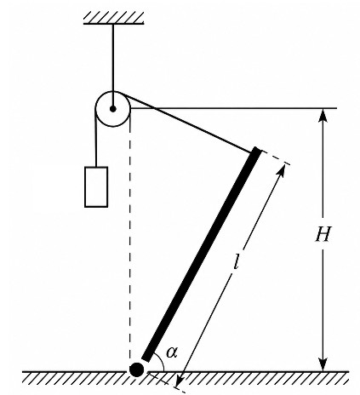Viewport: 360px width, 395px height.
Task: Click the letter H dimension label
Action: click(x=323, y=234)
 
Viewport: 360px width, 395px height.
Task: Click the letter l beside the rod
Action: click(x=236, y=261)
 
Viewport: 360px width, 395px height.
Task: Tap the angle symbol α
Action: click(x=172, y=352)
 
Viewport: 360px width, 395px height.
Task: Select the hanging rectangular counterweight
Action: click(x=96, y=187)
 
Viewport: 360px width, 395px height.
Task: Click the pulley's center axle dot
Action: click(x=113, y=109)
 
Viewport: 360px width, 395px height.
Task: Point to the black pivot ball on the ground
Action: click(x=136, y=369)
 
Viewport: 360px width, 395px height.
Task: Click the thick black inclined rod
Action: click(x=202, y=255)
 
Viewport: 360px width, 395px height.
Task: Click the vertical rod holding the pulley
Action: click(x=113, y=66)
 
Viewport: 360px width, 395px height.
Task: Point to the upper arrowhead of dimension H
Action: click(x=323, y=116)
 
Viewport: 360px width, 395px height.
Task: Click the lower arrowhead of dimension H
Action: click(x=323, y=364)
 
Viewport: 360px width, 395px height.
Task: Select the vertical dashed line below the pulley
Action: click(x=130, y=244)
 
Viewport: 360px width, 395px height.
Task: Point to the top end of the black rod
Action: click(x=256, y=150)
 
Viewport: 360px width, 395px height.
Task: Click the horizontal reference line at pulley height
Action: click(x=233, y=108)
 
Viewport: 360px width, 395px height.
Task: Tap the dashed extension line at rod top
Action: click(x=275, y=157)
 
